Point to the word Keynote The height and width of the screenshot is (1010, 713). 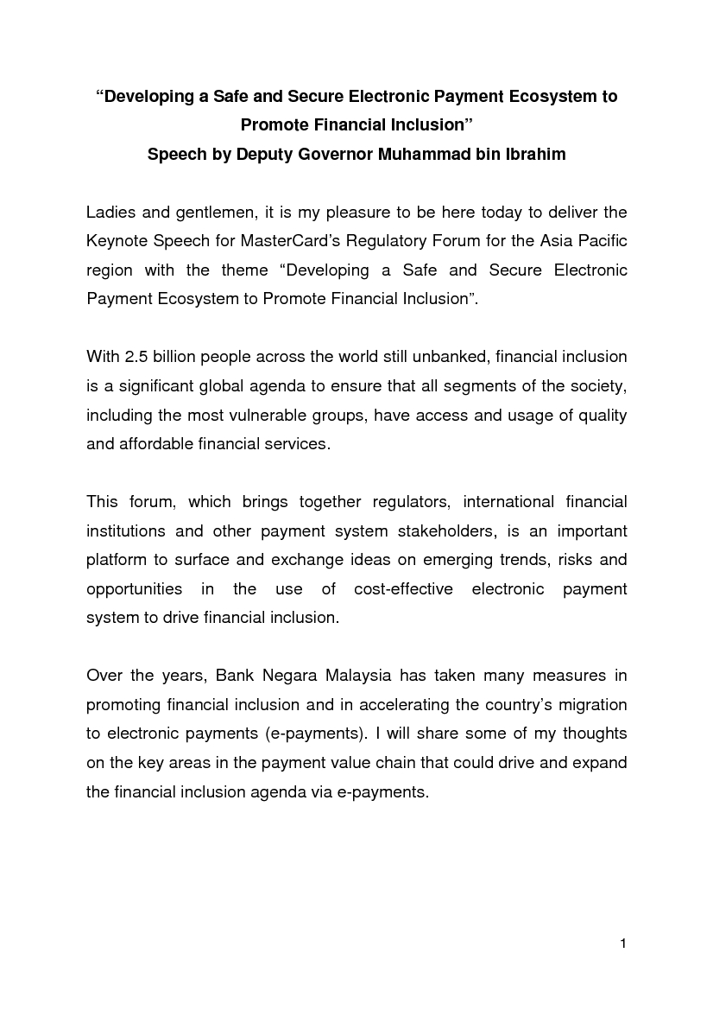pos(117,241)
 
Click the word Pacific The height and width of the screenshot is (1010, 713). pos(601,241)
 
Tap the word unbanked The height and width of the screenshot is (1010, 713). pos(457,357)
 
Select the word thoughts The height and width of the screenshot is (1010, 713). pos(595,734)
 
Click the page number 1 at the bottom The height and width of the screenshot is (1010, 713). pos(622,943)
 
